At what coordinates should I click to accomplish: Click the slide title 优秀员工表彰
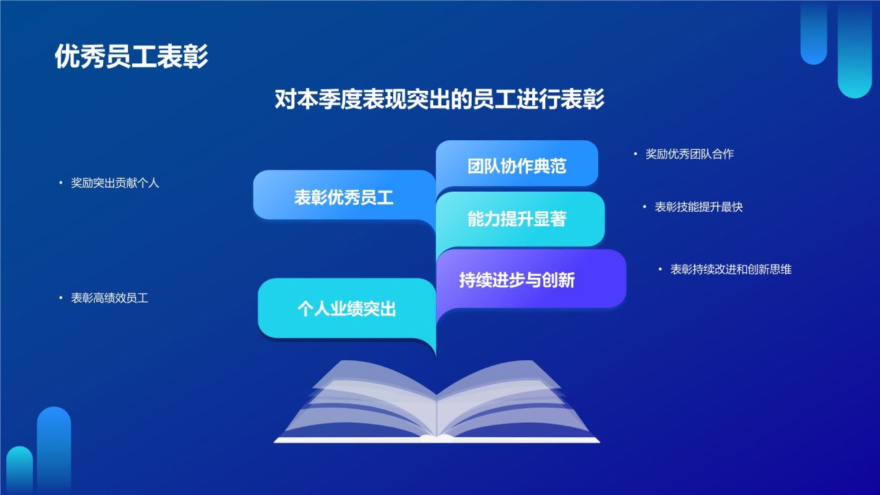pos(131,57)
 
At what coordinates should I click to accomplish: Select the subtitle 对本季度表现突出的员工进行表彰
pos(439,99)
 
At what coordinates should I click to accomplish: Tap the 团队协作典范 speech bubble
pos(517,166)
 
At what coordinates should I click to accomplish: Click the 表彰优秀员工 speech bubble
pos(344,198)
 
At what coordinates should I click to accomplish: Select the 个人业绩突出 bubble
pos(346,309)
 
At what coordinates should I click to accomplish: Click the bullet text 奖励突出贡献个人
pos(115,184)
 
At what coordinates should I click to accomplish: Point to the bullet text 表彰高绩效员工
pos(110,298)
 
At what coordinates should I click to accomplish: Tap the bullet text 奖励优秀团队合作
pos(690,155)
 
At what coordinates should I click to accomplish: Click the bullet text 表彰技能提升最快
pos(699,207)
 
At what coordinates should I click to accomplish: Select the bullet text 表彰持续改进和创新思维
pos(731,269)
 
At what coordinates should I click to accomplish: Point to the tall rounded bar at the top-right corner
pos(855,48)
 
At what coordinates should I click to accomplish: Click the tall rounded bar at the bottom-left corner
pos(54,450)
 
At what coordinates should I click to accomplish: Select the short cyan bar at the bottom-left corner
pos(19,471)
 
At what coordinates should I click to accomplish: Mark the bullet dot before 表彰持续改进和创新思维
pos(659,269)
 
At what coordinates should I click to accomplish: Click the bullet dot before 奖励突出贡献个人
pos(60,184)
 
